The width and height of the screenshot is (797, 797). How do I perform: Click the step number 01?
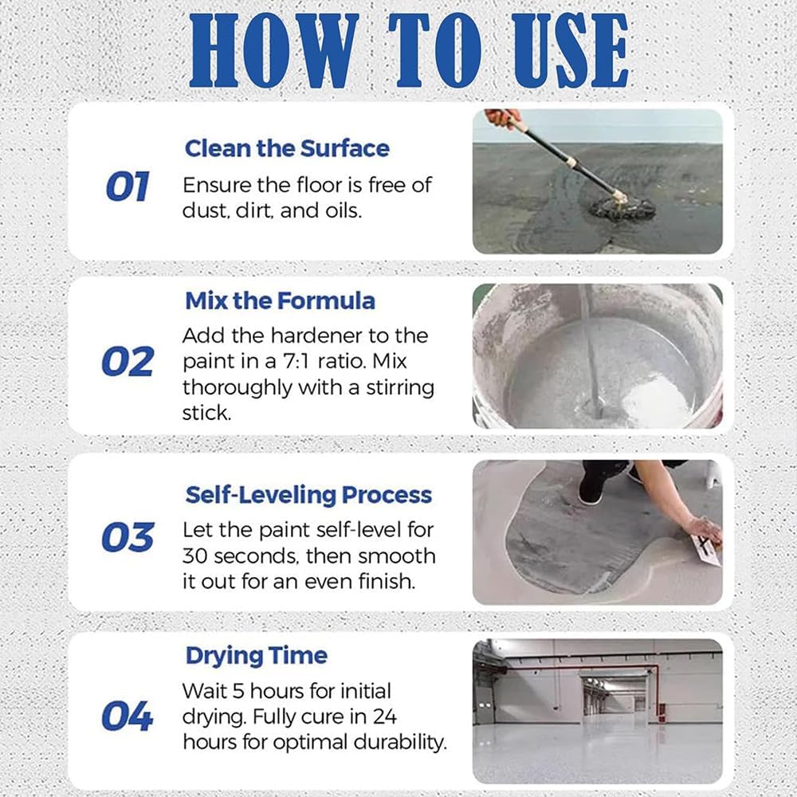pos(128,186)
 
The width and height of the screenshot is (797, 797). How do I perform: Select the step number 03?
pos(128,537)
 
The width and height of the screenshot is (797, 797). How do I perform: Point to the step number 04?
pos(128,717)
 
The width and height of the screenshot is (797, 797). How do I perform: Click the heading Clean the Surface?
pos(287,148)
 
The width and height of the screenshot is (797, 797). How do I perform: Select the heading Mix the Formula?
pos(280,301)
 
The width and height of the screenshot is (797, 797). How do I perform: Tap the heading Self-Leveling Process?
pos(308,496)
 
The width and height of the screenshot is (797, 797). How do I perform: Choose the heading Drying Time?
pos(257,656)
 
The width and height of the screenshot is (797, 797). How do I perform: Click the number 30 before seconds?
pos(194,556)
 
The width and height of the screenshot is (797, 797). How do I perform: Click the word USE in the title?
pos(571,51)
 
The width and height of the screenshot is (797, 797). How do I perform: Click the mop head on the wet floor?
pos(622,207)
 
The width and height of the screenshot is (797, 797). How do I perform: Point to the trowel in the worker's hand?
pos(706,549)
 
